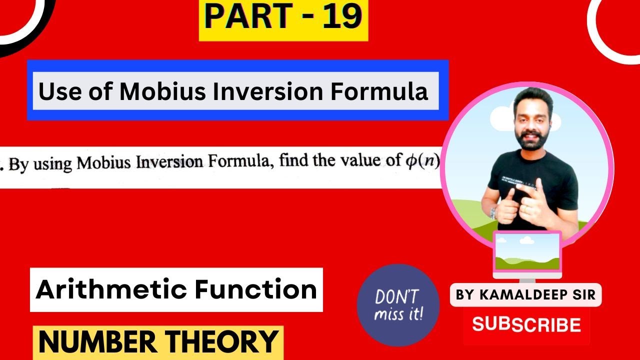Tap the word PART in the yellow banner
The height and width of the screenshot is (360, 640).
coord(247,17)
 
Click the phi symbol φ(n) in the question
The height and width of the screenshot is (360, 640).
coord(420,161)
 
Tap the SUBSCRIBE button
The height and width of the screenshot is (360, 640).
coord(526,325)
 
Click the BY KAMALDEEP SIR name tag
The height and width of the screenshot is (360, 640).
coord(526,295)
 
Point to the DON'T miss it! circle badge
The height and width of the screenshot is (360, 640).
coord(398,305)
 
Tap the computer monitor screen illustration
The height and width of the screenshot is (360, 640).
coord(527,251)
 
